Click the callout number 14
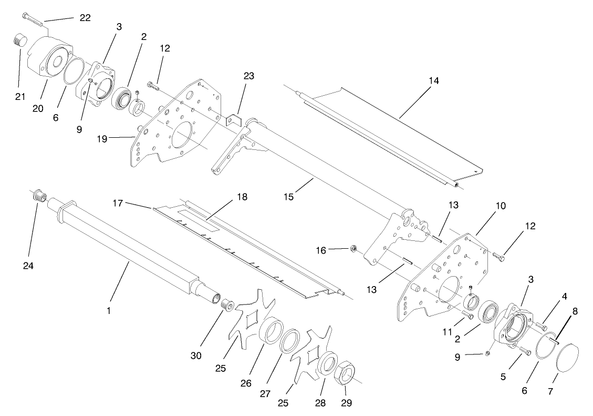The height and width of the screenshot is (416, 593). coord(433,81)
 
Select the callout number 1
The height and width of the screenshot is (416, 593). coord(109,311)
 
